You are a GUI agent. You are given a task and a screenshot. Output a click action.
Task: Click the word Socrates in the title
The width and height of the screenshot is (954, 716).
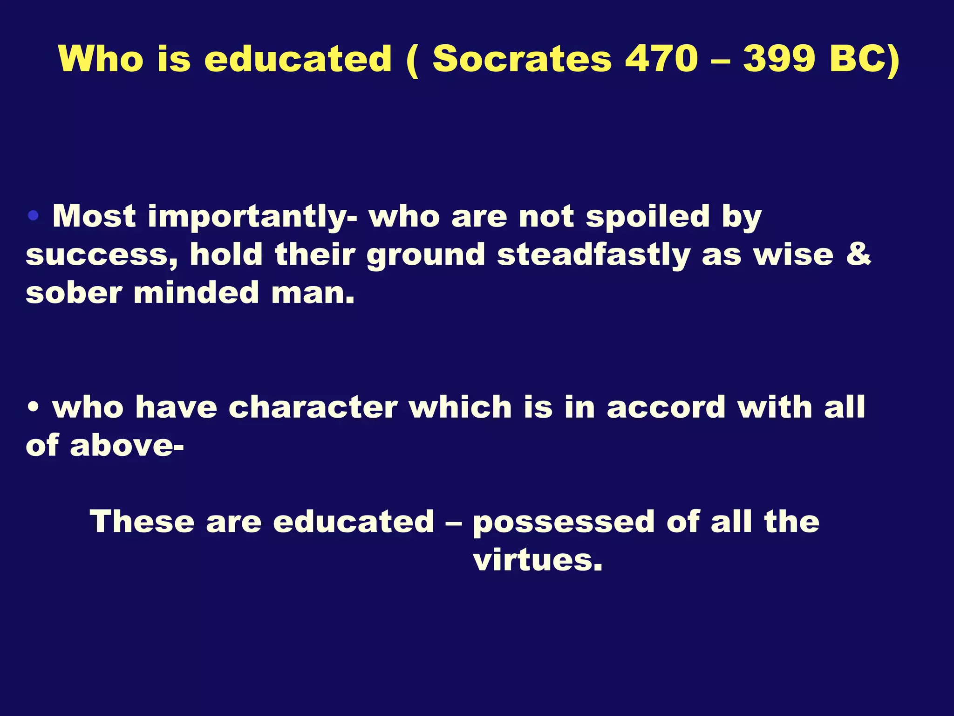coord(522,60)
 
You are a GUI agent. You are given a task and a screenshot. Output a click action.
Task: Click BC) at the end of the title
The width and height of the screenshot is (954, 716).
coord(865,60)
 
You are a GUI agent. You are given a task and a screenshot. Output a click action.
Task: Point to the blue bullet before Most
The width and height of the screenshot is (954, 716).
coord(33,215)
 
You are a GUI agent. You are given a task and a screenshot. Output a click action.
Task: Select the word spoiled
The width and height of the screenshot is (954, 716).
coord(647,217)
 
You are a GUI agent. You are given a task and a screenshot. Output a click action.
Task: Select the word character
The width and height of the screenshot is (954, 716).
coord(313,407)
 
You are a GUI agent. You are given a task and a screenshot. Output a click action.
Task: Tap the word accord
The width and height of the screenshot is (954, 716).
coord(666,407)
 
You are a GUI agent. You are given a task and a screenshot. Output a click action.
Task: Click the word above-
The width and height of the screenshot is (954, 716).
coord(127,446)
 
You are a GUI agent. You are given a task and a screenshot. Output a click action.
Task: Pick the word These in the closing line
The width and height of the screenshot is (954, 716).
coord(142,521)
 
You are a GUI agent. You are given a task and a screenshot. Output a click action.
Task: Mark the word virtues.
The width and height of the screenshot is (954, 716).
coord(538,559)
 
